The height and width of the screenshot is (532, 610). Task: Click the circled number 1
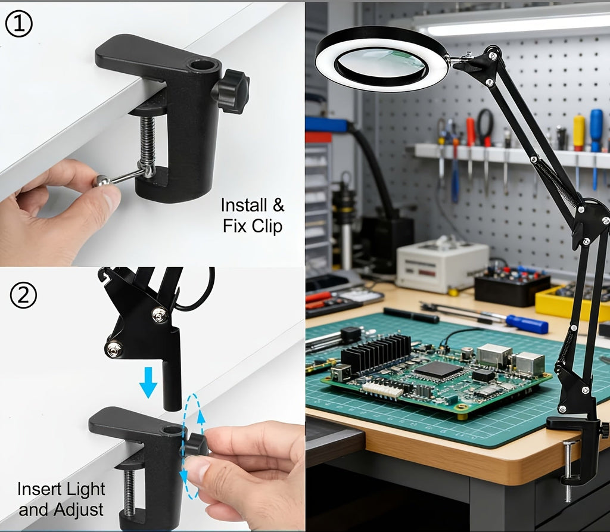(x=18, y=24)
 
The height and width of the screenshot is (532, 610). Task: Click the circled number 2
(x=23, y=295)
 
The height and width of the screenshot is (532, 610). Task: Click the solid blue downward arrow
(x=148, y=383)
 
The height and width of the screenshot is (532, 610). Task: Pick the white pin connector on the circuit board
(x=382, y=390)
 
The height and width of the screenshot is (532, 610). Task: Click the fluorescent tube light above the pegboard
(x=513, y=27)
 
